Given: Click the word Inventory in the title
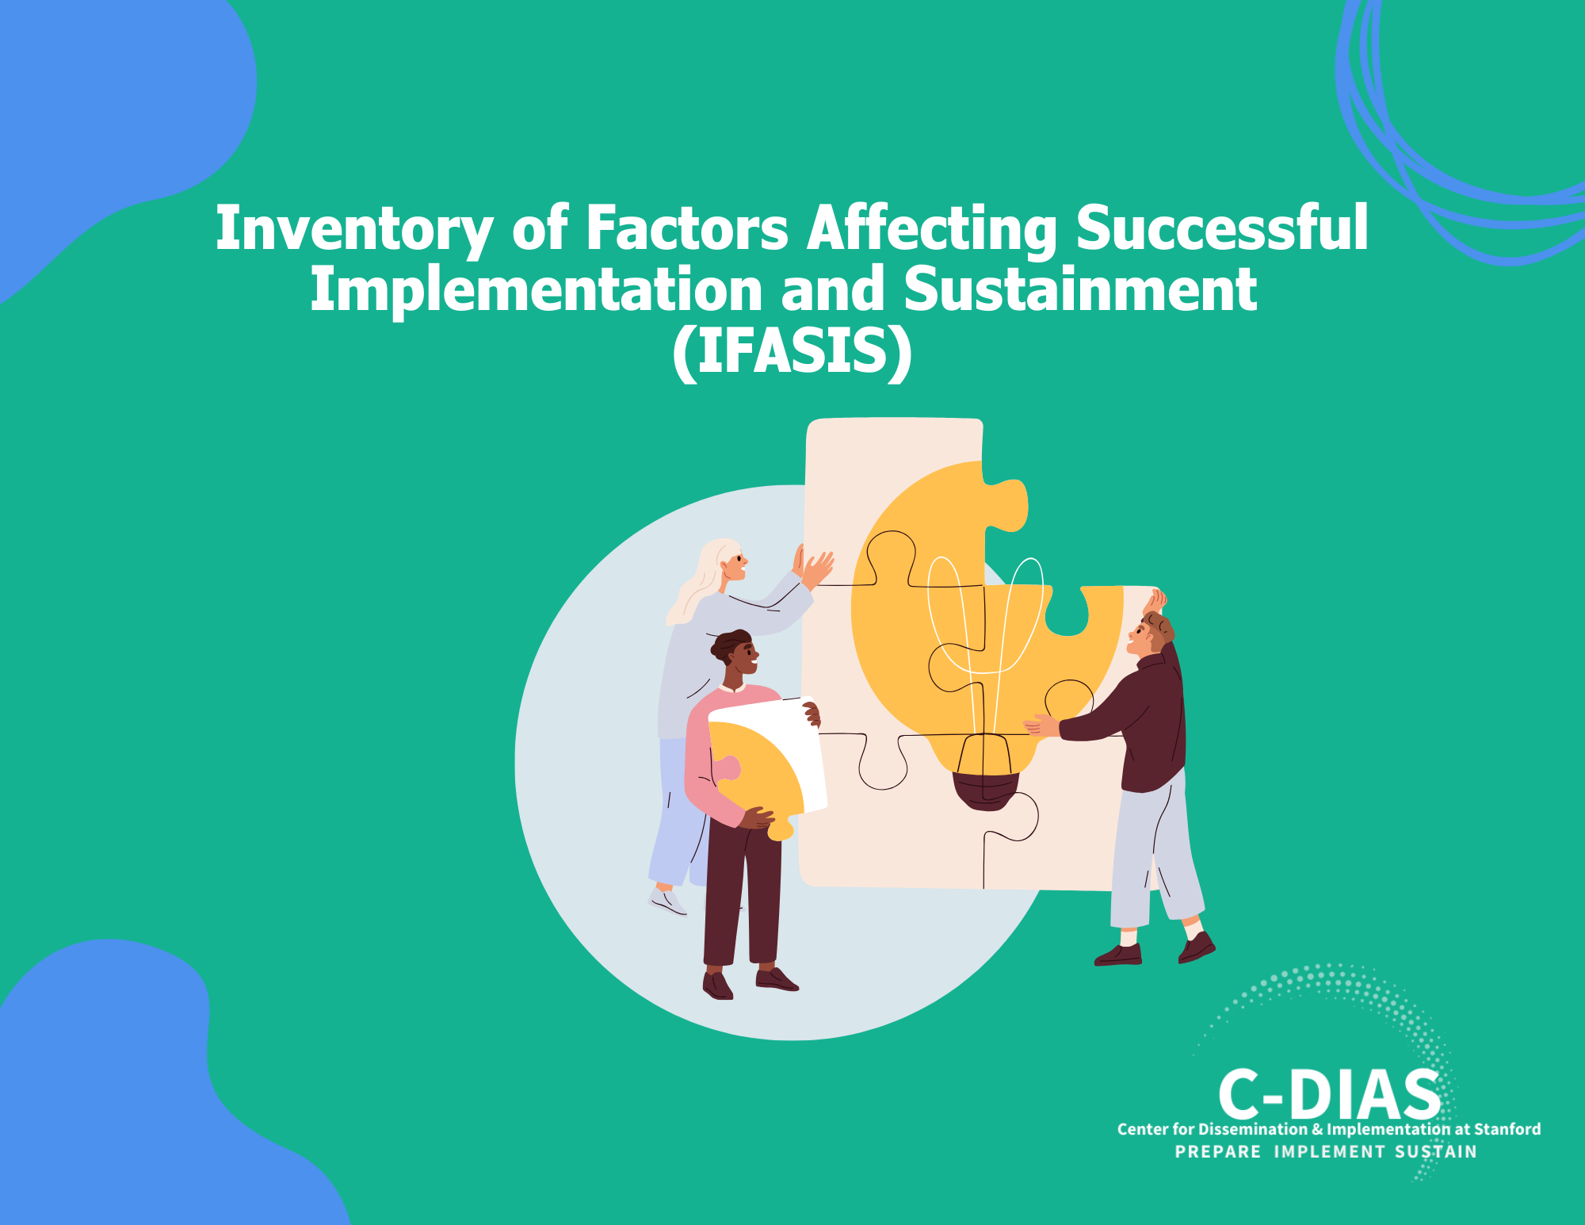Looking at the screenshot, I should (x=353, y=229).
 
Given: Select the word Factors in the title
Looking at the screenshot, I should (x=686, y=229).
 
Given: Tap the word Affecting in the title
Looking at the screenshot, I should (x=932, y=229).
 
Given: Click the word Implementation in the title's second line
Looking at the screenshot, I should (x=535, y=290).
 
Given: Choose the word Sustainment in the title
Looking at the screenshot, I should (x=1080, y=290).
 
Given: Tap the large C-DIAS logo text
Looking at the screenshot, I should (x=1329, y=1095).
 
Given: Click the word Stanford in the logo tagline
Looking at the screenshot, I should (x=1507, y=1129).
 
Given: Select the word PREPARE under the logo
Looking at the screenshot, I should (x=1217, y=1152).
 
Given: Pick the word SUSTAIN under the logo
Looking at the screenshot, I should (x=1436, y=1152).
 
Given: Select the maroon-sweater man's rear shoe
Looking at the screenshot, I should (x=1118, y=955).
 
